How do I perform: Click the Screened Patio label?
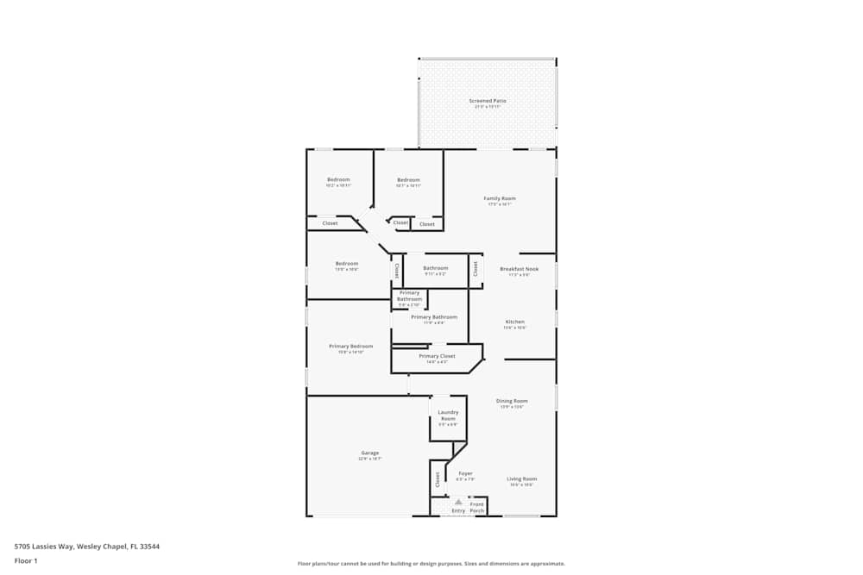pos(488,101)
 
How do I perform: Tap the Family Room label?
pos(500,199)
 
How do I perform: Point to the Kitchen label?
pos(514,322)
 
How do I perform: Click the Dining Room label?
pos(512,401)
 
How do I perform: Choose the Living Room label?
pos(521,479)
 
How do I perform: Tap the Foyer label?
pos(465,473)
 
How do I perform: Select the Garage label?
pos(369,453)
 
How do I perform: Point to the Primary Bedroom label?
pos(350,347)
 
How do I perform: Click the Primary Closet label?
pos(437,356)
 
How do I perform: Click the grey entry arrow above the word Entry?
pos(458,502)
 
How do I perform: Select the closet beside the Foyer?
pos(438,478)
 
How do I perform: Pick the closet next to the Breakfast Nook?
pos(476,268)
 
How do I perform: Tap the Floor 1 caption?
pos(26,560)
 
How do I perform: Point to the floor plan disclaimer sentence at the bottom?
pos(431,564)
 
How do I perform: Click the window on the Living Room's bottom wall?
pos(522,516)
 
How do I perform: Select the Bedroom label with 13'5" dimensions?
pos(346,265)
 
